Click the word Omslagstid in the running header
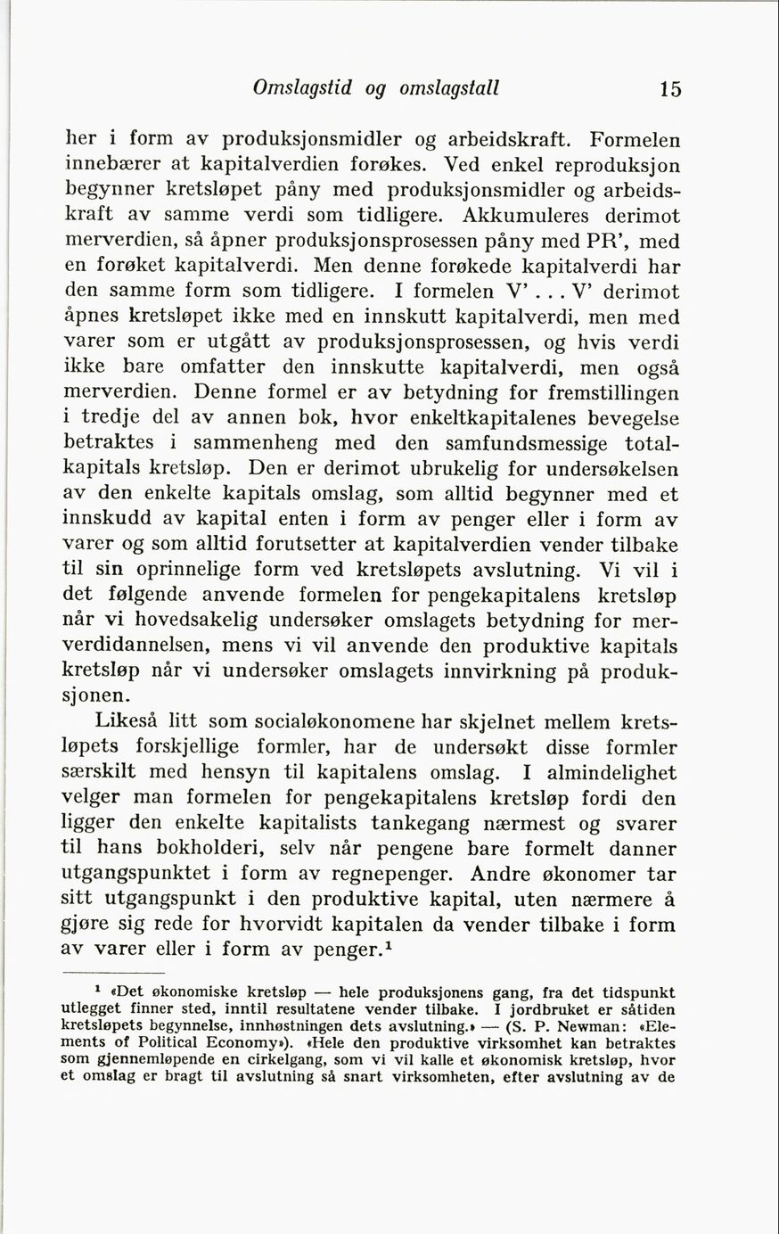pyautogui.click(x=303, y=88)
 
